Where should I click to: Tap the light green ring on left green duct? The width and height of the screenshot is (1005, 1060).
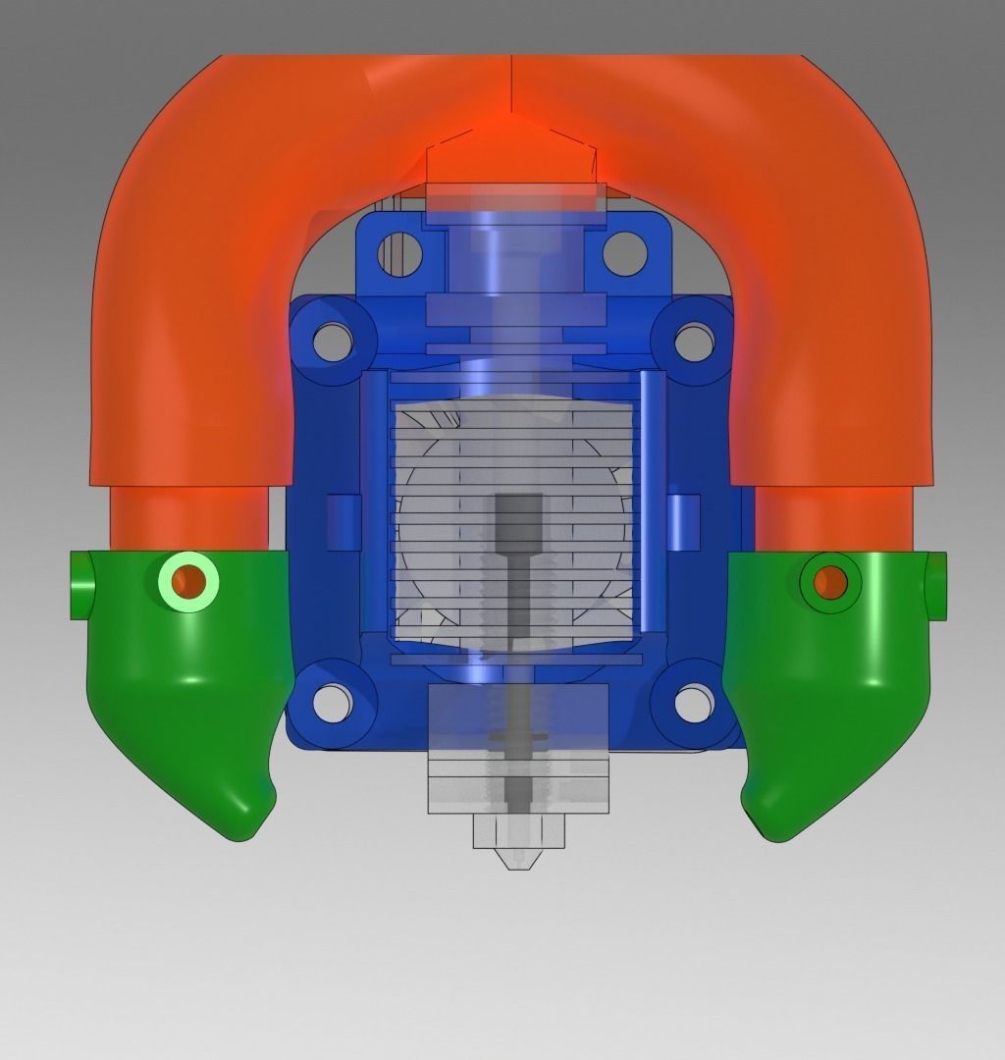(x=188, y=582)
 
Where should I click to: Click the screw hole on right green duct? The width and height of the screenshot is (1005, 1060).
(x=829, y=582)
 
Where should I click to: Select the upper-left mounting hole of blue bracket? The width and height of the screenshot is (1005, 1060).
(x=399, y=253)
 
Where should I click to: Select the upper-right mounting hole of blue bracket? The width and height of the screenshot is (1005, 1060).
(x=624, y=253)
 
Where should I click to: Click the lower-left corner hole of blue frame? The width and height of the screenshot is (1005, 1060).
(x=333, y=702)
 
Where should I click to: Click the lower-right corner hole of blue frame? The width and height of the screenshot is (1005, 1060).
(x=693, y=702)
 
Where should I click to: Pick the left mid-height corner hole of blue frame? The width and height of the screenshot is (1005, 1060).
(x=333, y=341)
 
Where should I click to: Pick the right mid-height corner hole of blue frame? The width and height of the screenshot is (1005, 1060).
(x=694, y=341)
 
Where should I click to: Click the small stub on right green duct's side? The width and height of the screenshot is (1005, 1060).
(x=936, y=586)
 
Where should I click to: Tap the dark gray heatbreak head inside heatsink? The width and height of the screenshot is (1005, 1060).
(x=518, y=520)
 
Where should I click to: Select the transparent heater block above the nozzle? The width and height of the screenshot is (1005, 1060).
(x=518, y=746)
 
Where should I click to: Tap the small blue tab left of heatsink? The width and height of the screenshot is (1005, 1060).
(x=344, y=521)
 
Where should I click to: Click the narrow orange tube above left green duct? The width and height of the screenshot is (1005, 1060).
(x=187, y=518)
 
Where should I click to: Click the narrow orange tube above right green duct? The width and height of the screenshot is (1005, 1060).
(x=834, y=518)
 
